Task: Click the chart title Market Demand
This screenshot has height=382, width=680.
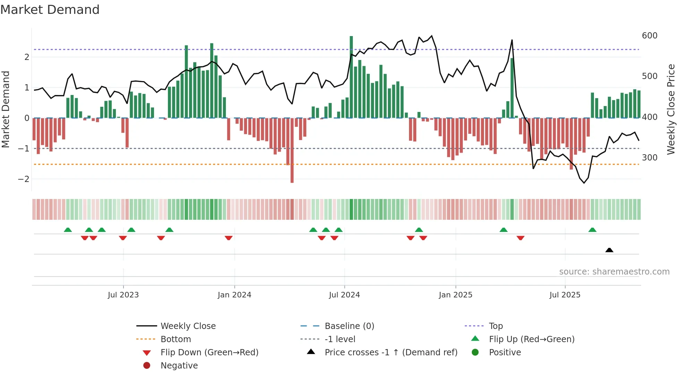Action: click(50, 10)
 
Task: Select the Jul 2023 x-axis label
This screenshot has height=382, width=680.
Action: click(123, 295)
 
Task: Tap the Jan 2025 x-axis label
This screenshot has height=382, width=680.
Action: click(455, 295)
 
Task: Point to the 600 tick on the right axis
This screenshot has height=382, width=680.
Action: click(649, 36)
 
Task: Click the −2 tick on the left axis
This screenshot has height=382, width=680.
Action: click(24, 179)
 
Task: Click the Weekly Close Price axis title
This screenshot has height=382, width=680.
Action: click(671, 109)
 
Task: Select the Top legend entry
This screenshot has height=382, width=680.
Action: click(495, 326)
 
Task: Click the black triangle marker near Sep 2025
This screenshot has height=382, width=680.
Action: click(609, 250)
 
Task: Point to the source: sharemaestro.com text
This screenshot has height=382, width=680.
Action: click(614, 272)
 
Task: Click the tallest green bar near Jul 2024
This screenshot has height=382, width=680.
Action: click(351, 76)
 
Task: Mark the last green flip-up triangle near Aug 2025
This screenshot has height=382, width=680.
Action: click(592, 230)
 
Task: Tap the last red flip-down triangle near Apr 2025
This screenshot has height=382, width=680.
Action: click(520, 238)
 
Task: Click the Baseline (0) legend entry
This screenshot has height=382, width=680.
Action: click(349, 326)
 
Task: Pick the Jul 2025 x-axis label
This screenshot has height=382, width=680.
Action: click(565, 295)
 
